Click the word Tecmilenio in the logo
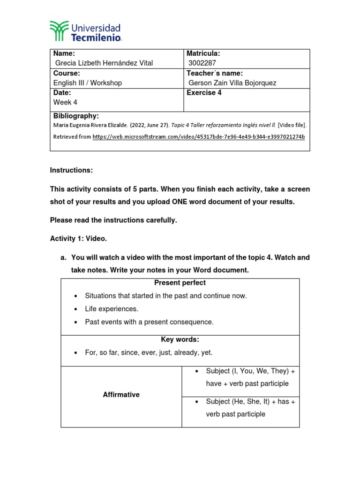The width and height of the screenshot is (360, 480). coord(96,37)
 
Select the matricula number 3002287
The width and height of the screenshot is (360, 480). coord(202,63)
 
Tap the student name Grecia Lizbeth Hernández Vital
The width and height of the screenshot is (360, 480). coord(104,63)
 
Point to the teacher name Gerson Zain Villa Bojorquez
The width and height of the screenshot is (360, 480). coord(232,83)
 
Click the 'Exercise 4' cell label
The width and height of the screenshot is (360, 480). coord(204,93)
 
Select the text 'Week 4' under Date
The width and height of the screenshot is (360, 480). coord(65,102)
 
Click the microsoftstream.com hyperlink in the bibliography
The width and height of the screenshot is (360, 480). coord(199,137)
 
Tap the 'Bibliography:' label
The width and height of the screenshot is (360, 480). coord(76,116)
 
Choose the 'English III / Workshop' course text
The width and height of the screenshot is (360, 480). coord(88,83)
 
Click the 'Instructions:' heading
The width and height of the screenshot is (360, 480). coord(71,171)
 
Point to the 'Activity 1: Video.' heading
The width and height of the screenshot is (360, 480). coord(78,239)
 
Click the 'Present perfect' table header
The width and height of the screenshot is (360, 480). coord(180,283)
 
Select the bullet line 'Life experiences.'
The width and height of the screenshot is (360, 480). coord(112,309)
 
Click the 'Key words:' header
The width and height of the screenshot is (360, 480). coord(180,340)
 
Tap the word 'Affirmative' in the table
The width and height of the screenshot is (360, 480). coord(121,395)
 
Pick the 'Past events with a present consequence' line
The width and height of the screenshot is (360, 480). coord(149,322)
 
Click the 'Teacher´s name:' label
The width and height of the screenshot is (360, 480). coord(214,73)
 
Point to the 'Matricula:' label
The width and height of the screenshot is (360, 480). coord(203,53)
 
